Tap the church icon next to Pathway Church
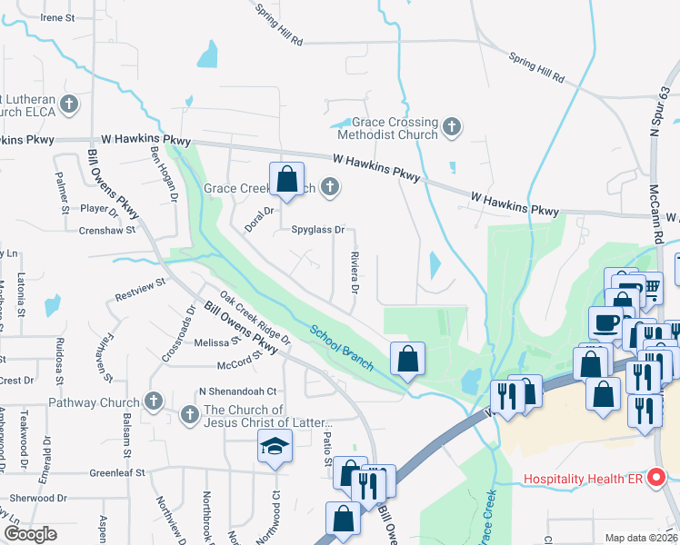coord(153,401)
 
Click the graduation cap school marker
coord(274,447)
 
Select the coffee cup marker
coord(605,322)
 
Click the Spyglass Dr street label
coord(317,230)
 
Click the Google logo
coord(29,534)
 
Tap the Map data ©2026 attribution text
coord(641,538)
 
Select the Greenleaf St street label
coord(116,473)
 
